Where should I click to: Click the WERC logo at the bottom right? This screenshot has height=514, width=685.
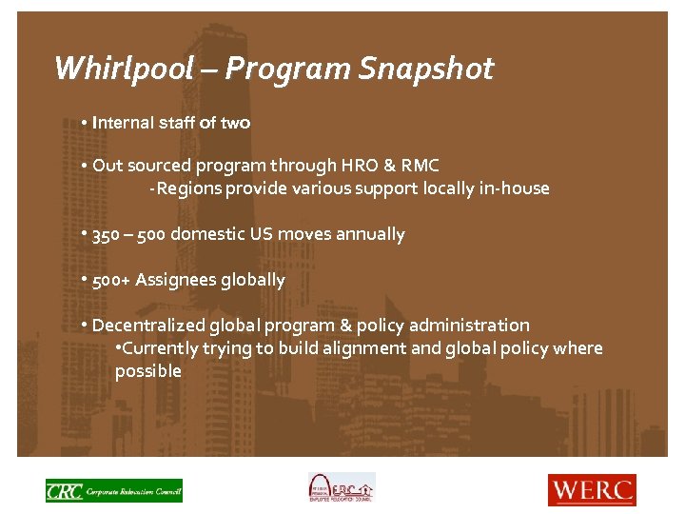pos(591,489)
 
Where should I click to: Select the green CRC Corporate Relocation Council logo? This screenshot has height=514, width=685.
pos(114,490)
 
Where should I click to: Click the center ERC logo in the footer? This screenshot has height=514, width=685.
pos(341,487)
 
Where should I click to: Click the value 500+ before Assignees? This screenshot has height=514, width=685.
pos(111,280)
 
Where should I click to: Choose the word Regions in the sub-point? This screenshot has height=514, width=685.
pos(188,188)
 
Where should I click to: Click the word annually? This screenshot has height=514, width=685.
pos(370,234)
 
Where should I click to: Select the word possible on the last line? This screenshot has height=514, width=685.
pos(147,371)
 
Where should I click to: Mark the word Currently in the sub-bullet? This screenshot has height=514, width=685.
pos(160,348)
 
